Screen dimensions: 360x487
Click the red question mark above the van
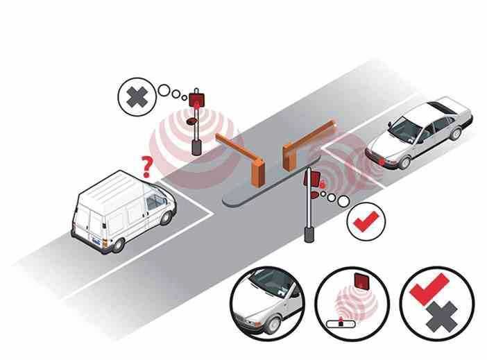146,166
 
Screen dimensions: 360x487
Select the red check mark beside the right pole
364,223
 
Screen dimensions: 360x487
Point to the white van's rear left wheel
119,243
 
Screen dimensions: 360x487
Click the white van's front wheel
166,216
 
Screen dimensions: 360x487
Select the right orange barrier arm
309,139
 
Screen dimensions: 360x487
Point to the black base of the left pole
197,147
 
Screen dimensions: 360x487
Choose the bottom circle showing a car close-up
268,303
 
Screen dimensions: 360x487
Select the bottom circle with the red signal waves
352,304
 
